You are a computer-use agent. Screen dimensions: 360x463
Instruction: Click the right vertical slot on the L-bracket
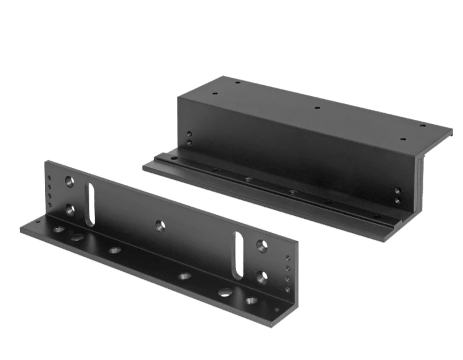pyautogui.click(x=238, y=255)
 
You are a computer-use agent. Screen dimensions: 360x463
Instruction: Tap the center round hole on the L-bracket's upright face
pyautogui.click(x=160, y=226)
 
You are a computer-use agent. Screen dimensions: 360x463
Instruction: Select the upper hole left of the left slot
pyautogui.click(x=70, y=181)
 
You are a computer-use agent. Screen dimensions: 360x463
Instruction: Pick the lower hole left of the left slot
pyautogui.click(x=70, y=210)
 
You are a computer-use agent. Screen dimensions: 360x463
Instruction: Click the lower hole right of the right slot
pyautogui.click(x=261, y=277)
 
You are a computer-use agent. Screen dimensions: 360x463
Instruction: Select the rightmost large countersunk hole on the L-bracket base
pyautogui.click(x=251, y=300)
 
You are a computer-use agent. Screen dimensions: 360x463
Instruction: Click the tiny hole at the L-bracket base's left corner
pyautogui.click(x=38, y=222)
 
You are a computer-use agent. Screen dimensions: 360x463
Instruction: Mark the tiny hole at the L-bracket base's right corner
pyautogui.click(x=277, y=310)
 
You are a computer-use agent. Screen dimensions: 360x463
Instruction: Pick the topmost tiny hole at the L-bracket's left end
pyautogui.click(x=49, y=178)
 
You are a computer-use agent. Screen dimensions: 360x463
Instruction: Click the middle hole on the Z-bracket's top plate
pyautogui.click(x=317, y=108)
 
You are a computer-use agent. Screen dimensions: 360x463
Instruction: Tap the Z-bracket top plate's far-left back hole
pyautogui.click(x=237, y=82)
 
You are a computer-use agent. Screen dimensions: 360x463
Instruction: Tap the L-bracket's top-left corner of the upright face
pyautogui.click(x=47, y=162)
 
